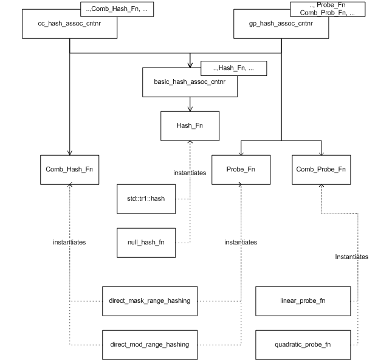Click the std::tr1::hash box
coord(146,199)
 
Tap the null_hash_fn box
coord(146,242)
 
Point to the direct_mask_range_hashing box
coord(149,301)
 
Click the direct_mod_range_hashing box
coord(149,344)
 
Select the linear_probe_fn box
coord(304,301)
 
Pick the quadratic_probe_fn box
coord(304,344)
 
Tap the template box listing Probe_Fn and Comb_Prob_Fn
coord(328,9)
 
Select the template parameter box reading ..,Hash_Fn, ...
coord(233,68)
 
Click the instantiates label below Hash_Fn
coord(189,173)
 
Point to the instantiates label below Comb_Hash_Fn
coord(69,242)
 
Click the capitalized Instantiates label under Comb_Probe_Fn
coord(351,257)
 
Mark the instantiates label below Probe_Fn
coord(241,242)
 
